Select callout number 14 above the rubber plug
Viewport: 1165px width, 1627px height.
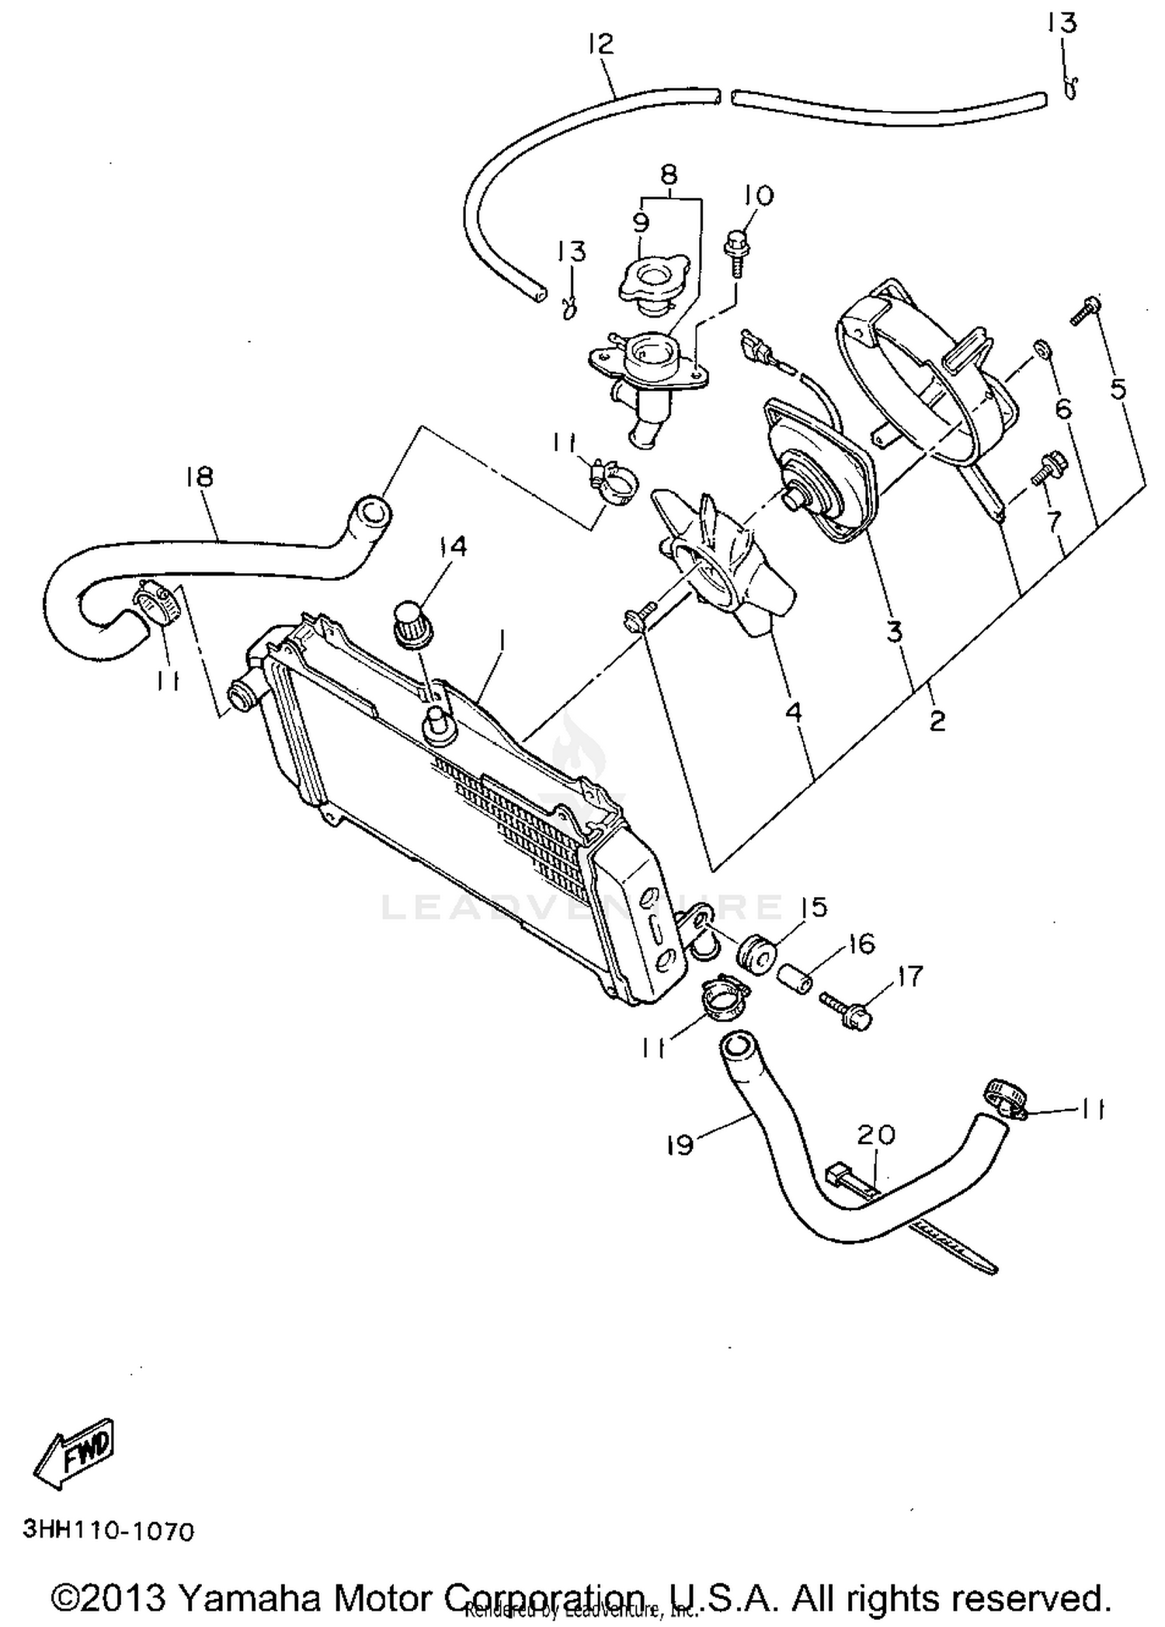452,547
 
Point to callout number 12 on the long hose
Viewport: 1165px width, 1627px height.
601,44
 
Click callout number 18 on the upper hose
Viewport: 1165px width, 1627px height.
200,476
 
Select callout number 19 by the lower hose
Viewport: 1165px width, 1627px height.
680,1145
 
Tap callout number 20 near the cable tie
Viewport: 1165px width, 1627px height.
876,1135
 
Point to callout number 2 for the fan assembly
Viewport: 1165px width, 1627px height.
937,721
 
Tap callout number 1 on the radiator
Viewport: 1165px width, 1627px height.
503,641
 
